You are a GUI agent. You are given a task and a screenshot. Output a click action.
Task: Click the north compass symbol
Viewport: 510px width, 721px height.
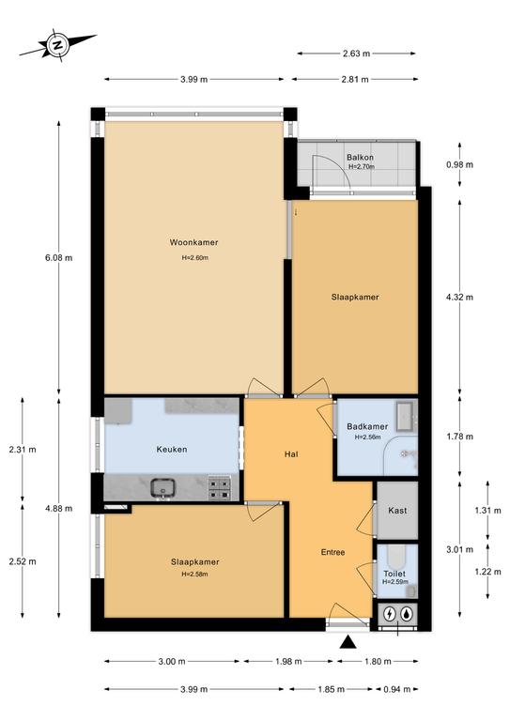click(x=57, y=45)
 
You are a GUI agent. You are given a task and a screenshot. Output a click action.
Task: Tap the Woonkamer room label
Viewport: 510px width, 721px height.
click(x=194, y=242)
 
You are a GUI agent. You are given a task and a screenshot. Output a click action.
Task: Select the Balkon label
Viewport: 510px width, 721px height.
click(x=360, y=158)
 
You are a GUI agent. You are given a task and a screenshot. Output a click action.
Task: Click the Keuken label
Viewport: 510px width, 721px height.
click(x=172, y=450)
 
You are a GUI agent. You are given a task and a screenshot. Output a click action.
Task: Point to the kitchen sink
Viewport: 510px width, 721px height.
click(x=162, y=488)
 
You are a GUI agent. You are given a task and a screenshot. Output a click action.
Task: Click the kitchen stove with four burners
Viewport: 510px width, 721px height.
click(x=219, y=489)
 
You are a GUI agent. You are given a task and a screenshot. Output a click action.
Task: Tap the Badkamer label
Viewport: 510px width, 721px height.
click(x=367, y=426)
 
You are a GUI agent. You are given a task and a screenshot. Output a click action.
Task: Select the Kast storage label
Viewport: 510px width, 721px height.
click(x=397, y=511)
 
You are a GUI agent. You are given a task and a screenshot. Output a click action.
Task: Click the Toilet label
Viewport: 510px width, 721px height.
click(x=394, y=574)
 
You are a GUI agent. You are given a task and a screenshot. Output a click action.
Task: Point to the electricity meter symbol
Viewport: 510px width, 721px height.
click(x=390, y=613)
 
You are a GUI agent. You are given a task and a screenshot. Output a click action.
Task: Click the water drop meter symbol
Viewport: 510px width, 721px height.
click(x=407, y=613)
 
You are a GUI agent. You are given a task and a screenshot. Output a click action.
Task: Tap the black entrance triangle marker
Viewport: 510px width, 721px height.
click(x=348, y=642)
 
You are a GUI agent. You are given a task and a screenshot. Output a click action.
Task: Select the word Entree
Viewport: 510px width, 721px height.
click(x=332, y=552)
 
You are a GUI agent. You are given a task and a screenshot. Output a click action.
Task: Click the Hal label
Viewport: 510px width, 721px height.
click(x=291, y=454)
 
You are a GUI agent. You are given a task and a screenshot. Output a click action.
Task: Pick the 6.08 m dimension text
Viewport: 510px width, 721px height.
click(x=58, y=258)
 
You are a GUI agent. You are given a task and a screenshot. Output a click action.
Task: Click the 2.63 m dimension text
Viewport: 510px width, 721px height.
click(x=356, y=54)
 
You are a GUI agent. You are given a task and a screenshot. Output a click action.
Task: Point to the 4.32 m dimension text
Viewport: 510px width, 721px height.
click(x=459, y=297)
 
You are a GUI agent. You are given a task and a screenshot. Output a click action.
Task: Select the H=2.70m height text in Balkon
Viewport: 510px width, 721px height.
click(x=361, y=167)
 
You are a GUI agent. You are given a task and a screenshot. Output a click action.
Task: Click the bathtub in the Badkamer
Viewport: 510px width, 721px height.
click(x=407, y=417)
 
